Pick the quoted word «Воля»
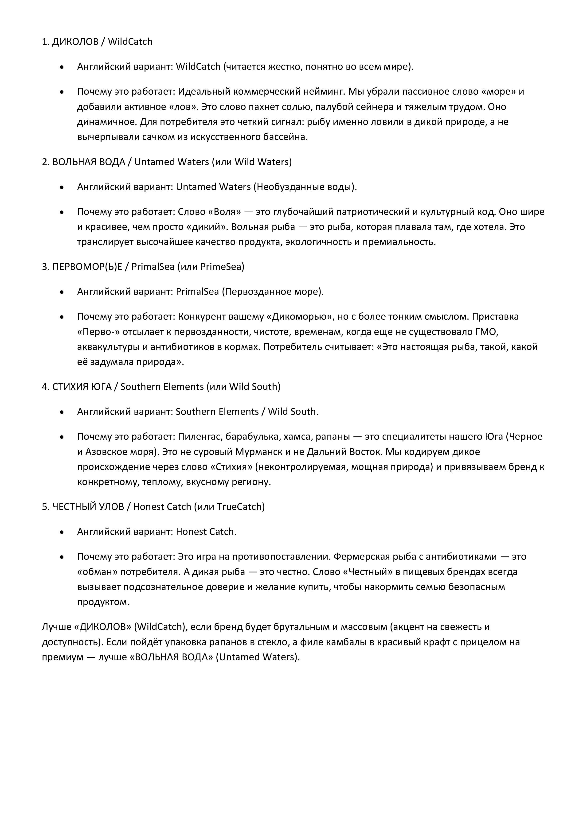pos(228,212)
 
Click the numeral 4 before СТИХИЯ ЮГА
pos(44,387)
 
